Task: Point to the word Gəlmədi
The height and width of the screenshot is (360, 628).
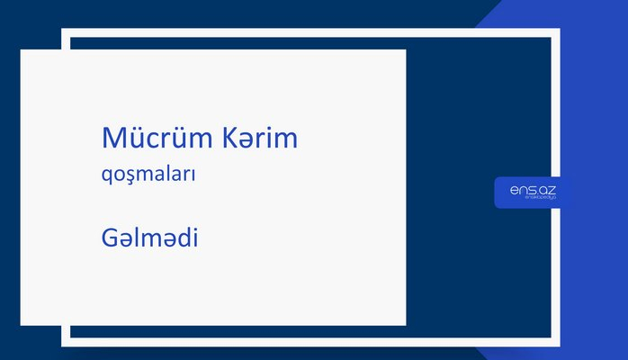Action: [x=149, y=238]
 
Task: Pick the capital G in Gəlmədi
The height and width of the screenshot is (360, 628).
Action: [x=110, y=238]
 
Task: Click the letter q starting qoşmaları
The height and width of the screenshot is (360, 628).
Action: [x=107, y=178]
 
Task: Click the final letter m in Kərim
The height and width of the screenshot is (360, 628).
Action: [x=286, y=141]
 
